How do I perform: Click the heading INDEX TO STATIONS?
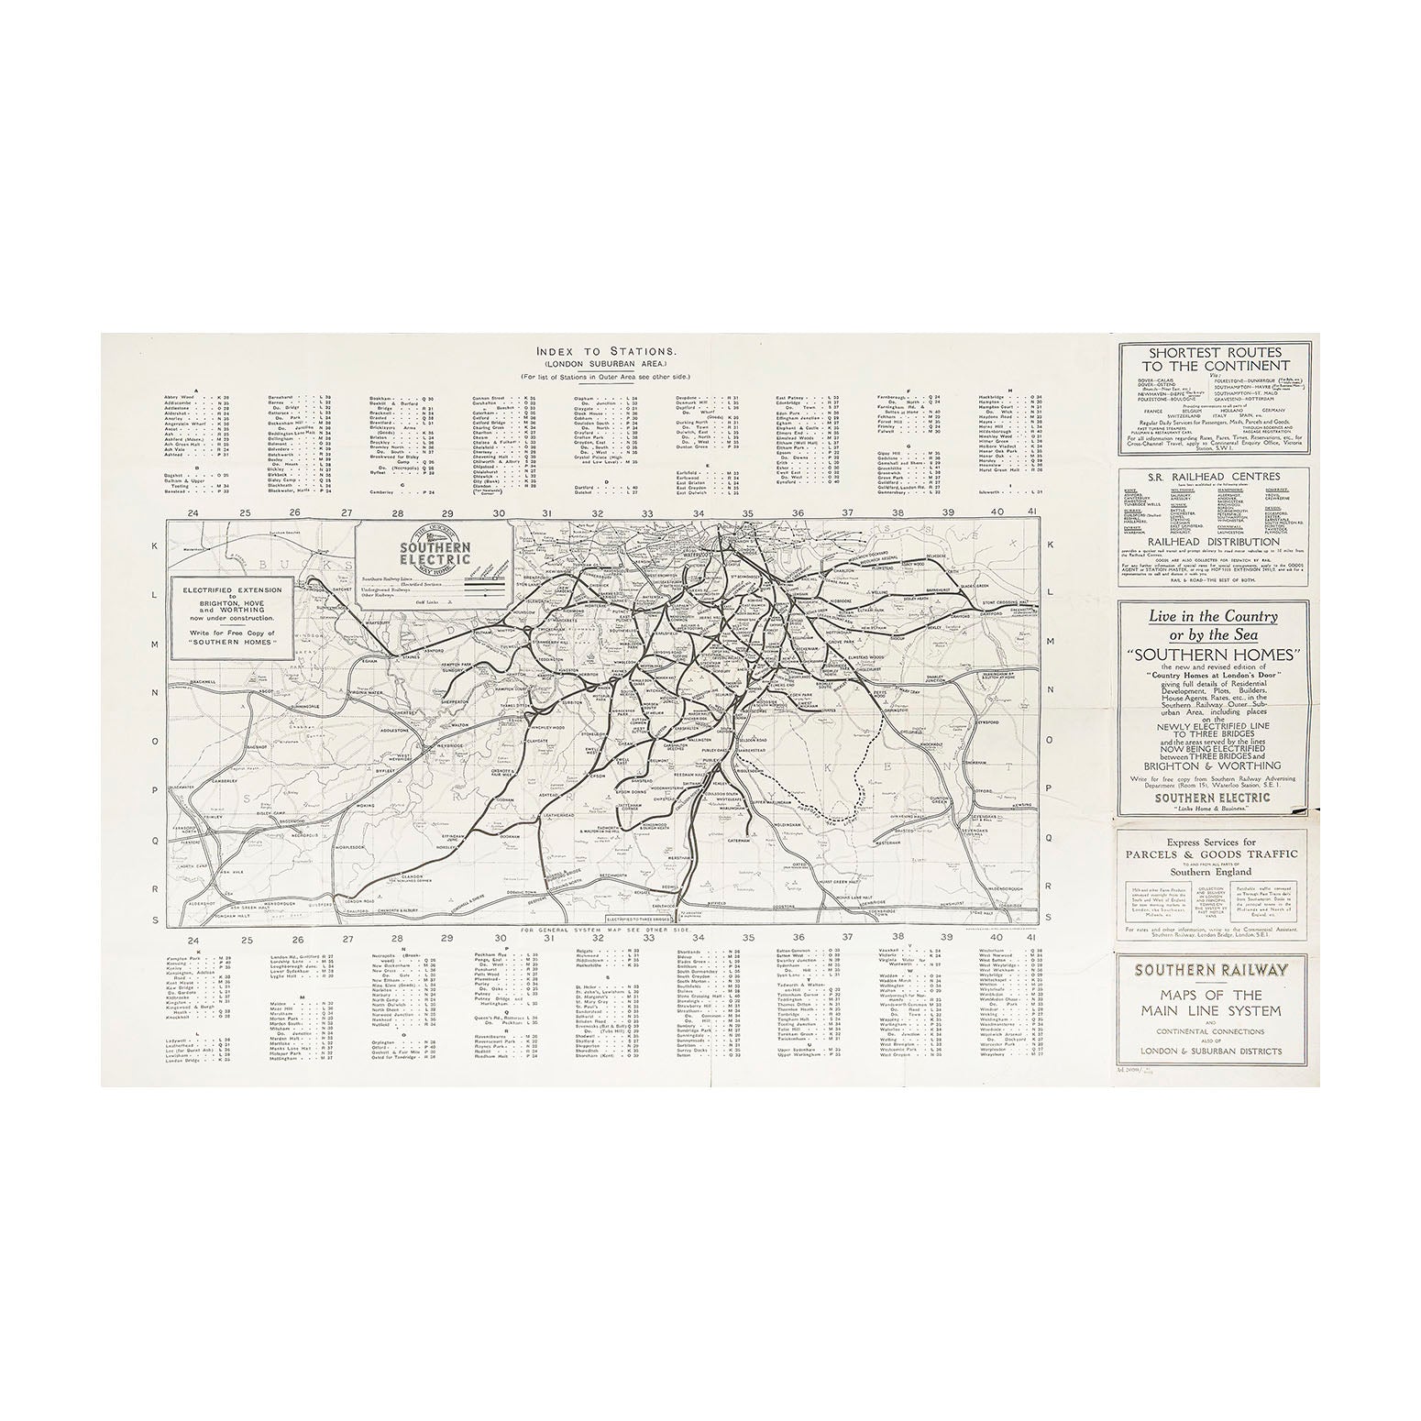click(x=608, y=350)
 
